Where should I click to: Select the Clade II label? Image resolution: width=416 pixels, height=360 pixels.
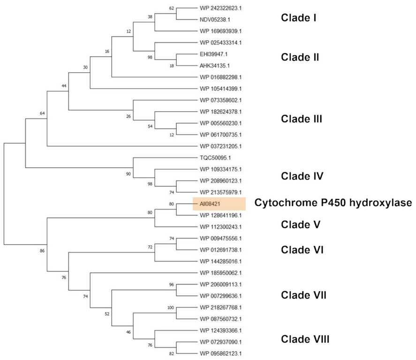(300, 57)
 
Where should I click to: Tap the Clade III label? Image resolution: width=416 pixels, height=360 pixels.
(301, 119)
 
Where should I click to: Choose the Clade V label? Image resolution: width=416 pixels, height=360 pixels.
(300, 225)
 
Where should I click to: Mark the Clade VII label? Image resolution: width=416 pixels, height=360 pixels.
(303, 295)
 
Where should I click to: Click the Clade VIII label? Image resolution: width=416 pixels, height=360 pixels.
(304, 339)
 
